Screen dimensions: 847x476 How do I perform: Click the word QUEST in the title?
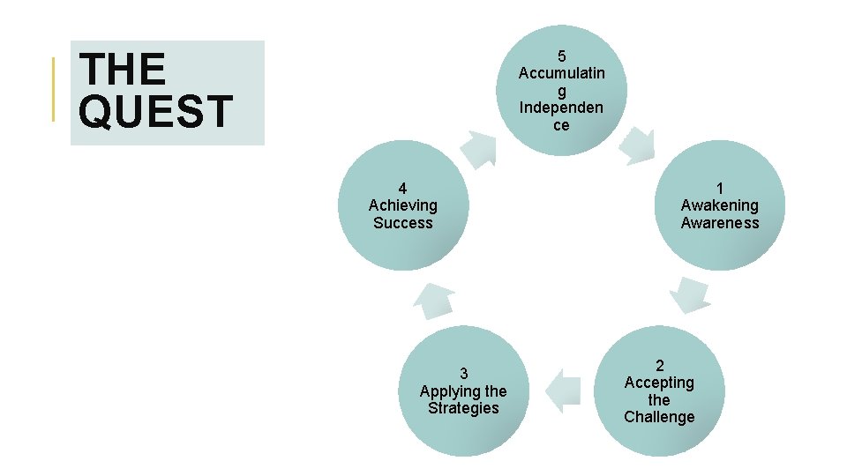[155, 113]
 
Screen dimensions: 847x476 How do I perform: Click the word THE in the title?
[123, 70]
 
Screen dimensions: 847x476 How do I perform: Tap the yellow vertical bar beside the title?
[54, 88]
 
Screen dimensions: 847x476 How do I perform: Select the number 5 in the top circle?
[562, 56]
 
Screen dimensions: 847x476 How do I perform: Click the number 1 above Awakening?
[720, 188]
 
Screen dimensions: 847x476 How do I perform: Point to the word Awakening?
[720, 205]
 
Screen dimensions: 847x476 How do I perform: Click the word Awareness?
[720, 223]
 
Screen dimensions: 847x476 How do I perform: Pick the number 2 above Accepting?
[659, 365]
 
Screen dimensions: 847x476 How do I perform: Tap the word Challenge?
[659, 417]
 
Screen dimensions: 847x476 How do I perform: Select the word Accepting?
[659, 383]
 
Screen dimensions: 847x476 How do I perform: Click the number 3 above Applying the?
[463, 373]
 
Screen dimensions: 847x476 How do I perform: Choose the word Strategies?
[463, 408]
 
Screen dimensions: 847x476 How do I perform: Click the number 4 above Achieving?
[402, 188]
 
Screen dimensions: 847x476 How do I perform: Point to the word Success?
[402, 223]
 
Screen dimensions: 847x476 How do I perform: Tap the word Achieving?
[402, 205]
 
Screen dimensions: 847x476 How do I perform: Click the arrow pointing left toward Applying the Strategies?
[563, 390]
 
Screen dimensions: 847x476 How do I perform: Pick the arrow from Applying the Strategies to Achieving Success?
[433, 300]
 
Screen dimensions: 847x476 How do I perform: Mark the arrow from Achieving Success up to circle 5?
[481, 148]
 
